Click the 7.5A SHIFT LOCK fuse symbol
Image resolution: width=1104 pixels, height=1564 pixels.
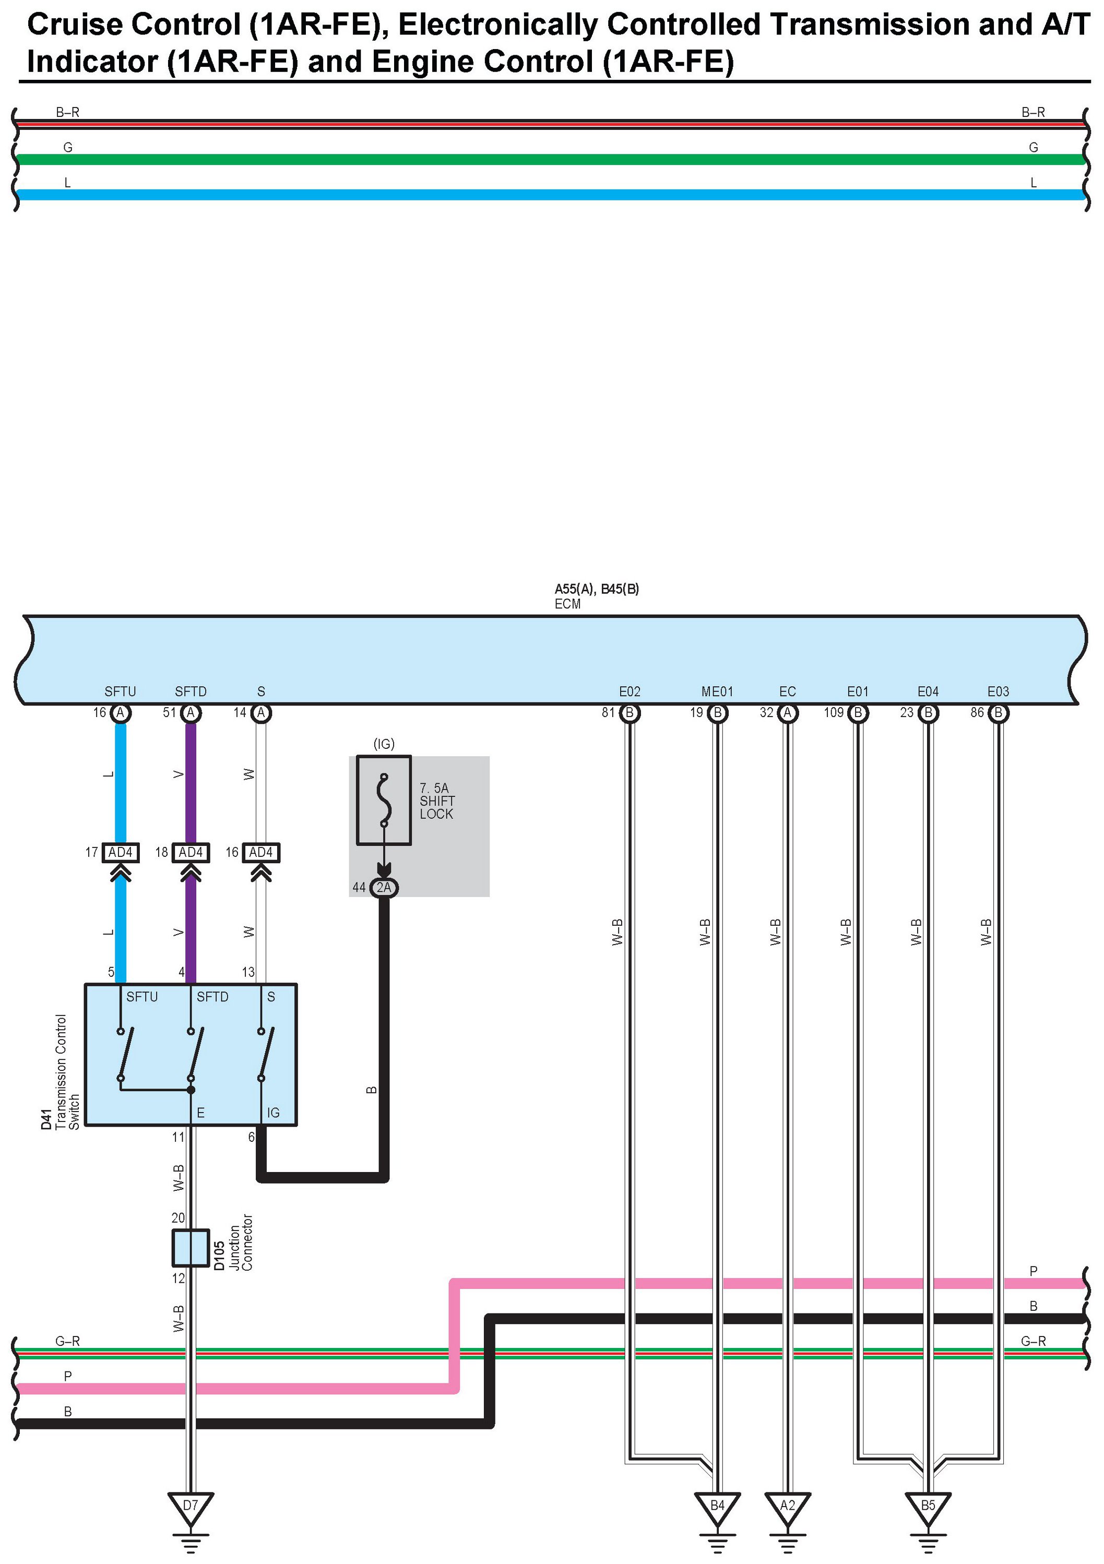(x=384, y=801)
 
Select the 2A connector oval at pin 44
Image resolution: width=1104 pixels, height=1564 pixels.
(x=384, y=888)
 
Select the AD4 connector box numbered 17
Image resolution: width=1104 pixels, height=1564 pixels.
(x=121, y=852)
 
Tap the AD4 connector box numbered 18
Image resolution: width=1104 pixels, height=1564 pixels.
(x=191, y=852)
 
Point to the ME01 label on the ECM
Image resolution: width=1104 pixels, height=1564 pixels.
(x=717, y=691)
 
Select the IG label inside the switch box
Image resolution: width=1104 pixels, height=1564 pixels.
(x=274, y=1113)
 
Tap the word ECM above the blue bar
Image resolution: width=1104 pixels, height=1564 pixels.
(x=568, y=604)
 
